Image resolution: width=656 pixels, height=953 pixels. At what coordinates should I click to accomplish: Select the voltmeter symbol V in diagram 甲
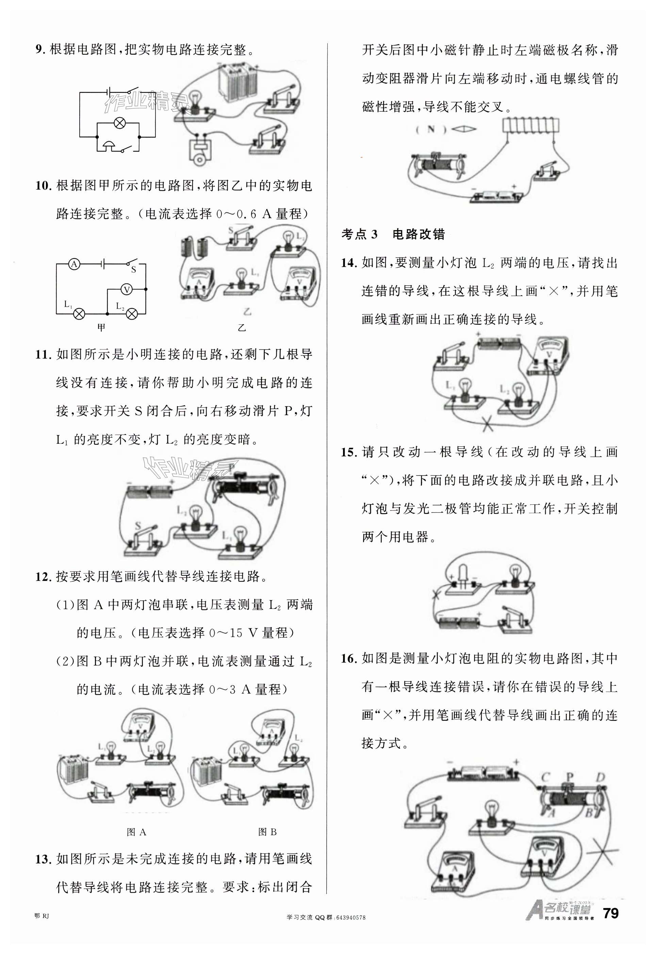(127, 289)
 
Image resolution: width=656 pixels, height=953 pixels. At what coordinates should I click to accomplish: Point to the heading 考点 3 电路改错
(393, 235)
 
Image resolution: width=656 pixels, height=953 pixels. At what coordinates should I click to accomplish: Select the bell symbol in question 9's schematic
(109, 145)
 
